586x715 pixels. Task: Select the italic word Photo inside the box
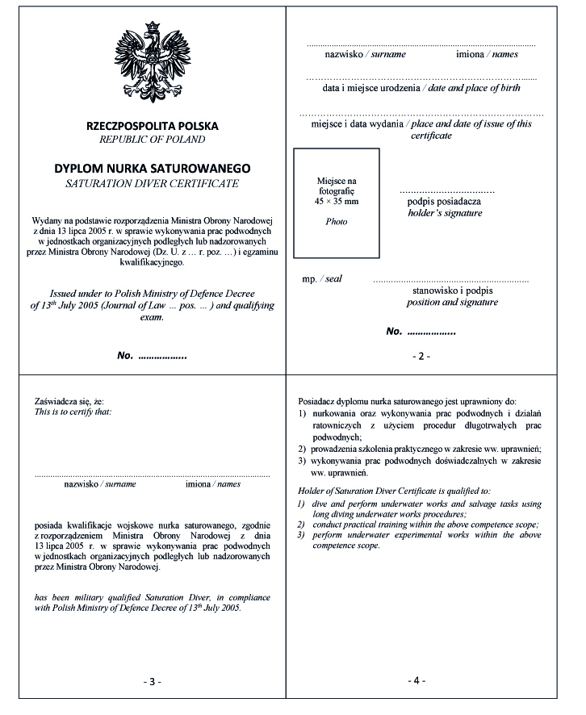[336, 221]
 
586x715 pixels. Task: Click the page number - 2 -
[421, 356]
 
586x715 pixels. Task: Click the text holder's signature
[445, 214]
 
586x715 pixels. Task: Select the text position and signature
[452, 303]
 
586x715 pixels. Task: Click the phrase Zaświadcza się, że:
[69, 401]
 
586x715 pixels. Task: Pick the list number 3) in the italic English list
[302, 535]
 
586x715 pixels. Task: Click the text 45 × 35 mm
[336, 199]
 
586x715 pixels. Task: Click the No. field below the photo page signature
[421, 331]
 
